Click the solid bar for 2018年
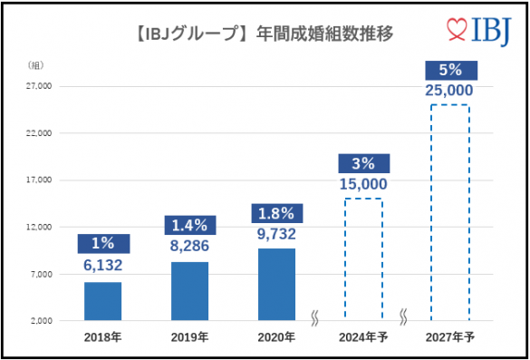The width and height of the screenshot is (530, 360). coord(102,301)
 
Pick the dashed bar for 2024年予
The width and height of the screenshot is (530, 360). coord(363,258)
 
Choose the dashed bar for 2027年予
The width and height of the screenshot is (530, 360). coord(450,212)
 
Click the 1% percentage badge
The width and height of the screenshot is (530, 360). coord(102,244)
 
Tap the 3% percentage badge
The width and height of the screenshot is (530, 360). coord(363,163)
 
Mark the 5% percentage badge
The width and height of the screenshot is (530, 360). coord(450,70)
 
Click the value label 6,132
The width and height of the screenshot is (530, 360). coord(102,265)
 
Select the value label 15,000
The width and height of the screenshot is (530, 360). coord(363,184)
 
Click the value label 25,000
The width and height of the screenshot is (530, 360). coord(450,90)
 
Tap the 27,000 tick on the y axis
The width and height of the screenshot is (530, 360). coord(39,86)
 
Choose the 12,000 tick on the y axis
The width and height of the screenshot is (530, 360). coord(39,227)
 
